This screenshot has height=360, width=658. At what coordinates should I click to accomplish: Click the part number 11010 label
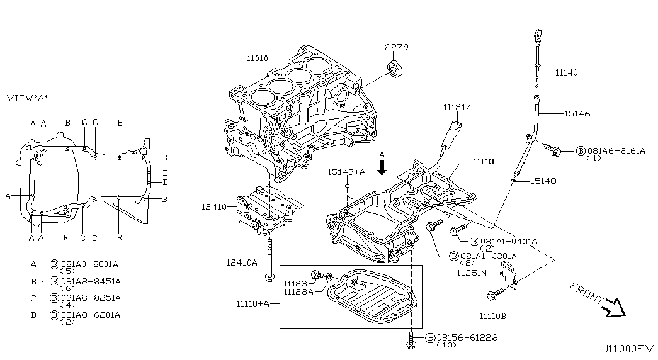tap(257, 59)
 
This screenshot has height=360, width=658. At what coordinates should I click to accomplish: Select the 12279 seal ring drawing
tap(395, 69)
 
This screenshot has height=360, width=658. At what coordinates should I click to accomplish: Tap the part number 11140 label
tap(566, 72)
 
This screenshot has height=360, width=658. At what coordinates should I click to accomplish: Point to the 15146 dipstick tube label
tap(577, 113)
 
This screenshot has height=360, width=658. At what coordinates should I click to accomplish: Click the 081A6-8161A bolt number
tap(616, 150)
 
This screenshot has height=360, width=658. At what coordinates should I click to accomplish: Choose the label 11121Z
tap(457, 108)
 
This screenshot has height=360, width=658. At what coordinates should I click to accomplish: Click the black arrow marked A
tap(382, 167)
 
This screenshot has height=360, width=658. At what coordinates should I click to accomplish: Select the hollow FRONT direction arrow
tap(613, 307)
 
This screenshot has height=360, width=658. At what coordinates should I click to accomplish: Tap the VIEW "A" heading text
tap(27, 98)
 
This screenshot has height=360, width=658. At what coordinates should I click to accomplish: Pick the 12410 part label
tap(213, 207)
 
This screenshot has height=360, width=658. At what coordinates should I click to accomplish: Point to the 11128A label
tap(298, 291)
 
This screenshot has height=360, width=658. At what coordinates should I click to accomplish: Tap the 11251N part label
tap(472, 273)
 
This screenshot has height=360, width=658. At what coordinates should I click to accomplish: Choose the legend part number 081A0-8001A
tap(90, 264)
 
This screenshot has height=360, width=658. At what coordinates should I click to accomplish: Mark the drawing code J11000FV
tap(627, 349)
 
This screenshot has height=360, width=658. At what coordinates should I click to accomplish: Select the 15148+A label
tap(346, 172)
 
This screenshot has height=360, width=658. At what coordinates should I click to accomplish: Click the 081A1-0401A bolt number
tap(509, 241)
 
